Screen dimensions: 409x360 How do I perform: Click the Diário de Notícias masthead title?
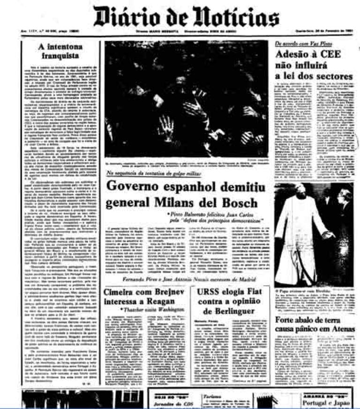click(x=186, y=18)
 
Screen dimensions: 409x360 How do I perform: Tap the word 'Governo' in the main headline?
click(x=134, y=186)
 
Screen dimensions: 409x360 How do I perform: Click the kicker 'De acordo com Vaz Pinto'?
click(x=299, y=43)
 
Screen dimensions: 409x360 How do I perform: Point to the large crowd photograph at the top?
click(x=186, y=99)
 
